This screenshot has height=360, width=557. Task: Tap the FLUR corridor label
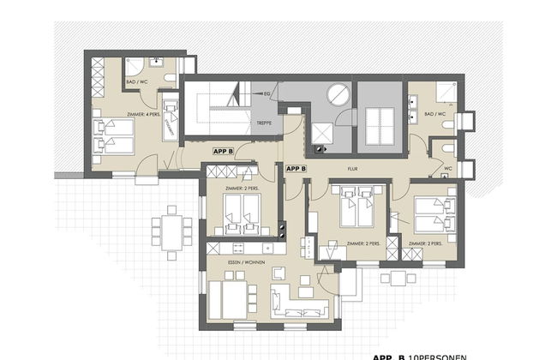353,169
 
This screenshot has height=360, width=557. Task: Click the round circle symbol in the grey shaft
338,94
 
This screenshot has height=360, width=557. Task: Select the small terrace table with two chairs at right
396,278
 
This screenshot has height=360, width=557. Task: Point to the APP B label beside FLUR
297,169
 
